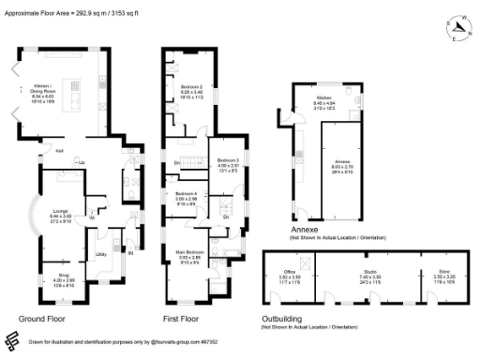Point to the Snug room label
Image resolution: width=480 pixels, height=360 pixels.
tap(62, 278)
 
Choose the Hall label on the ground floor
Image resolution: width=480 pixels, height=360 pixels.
tap(58, 151)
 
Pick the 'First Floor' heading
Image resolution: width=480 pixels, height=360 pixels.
tap(183, 319)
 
